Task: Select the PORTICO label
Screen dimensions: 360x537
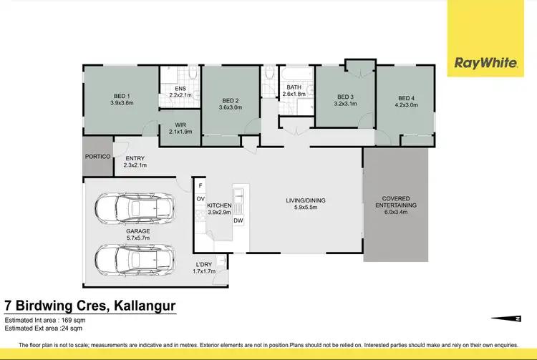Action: coord(97,156)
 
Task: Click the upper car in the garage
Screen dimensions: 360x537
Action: coord(135,208)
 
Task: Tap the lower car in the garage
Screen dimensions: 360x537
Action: coord(135,258)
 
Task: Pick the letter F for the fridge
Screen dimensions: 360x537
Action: coord(200,186)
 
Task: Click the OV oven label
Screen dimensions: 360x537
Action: coord(200,198)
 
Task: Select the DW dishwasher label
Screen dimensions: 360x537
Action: coord(238,220)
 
